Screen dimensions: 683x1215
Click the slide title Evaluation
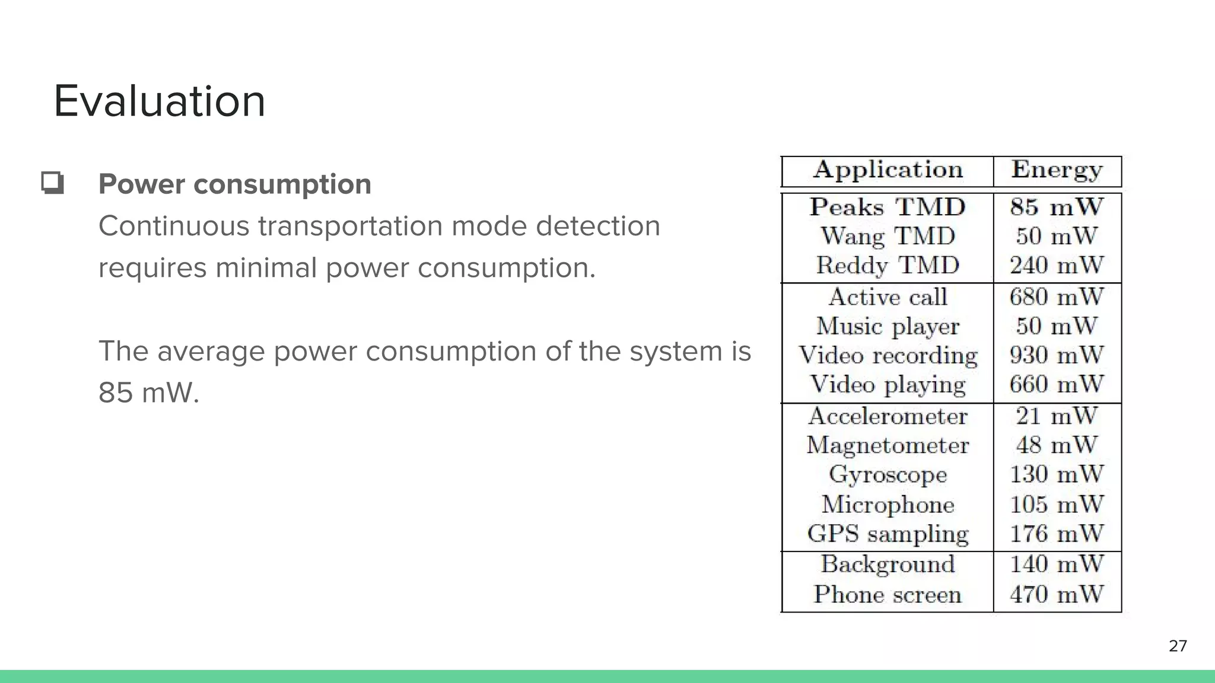[159, 101]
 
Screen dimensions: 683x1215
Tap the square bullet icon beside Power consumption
[52, 183]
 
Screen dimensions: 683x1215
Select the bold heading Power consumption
[235, 184]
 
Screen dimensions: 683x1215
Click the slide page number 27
[1178, 646]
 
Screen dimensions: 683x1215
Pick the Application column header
[888, 170]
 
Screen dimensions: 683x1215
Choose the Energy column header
[1057, 170]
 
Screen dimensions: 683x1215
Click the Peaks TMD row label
[888, 207]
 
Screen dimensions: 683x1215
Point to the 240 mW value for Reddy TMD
[1057, 265]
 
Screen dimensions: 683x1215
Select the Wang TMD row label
[888, 236]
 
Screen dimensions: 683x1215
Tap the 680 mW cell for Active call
[1057, 296]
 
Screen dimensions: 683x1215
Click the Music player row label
[888, 326]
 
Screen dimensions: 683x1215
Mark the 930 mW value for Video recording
[1057, 355]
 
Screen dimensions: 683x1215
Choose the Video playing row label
[888, 385]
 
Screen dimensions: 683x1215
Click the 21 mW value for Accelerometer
[1057, 416]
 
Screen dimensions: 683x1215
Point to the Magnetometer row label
[888, 445]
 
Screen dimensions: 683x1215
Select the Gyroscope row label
[888, 474]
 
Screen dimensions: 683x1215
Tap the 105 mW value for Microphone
[1057, 505]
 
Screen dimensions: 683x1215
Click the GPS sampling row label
[888, 534]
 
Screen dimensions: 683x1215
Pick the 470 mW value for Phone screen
[1057, 594]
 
